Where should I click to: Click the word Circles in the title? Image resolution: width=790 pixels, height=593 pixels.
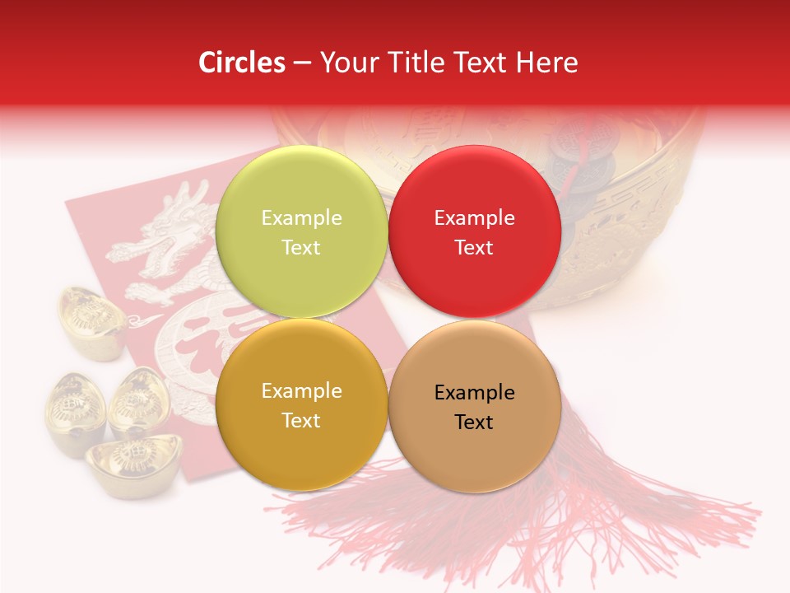pyautogui.click(x=241, y=63)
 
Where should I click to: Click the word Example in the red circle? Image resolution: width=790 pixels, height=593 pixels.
pyautogui.click(x=474, y=218)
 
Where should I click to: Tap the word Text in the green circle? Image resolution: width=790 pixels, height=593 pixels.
pyautogui.click(x=301, y=248)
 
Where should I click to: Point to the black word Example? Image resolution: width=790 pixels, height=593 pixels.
pyautogui.click(x=474, y=393)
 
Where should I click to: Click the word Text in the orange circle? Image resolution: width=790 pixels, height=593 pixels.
pyautogui.click(x=301, y=421)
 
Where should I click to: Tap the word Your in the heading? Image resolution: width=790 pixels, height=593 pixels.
pyautogui.click(x=346, y=63)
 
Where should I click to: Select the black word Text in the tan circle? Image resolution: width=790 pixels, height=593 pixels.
pyautogui.click(x=474, y=423)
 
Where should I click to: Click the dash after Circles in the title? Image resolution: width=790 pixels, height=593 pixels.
pyautogui.click(x=301, y=63)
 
